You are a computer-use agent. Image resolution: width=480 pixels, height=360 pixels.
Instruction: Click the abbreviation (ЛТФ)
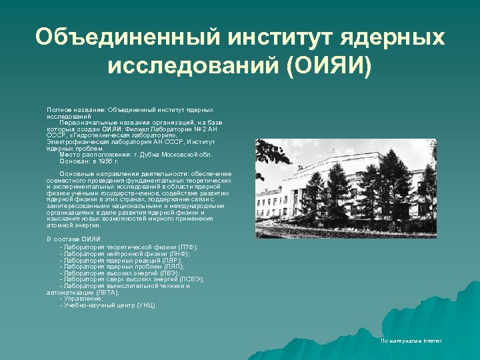point(185,247)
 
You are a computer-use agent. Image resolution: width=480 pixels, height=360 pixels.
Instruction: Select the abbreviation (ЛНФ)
point(178,253)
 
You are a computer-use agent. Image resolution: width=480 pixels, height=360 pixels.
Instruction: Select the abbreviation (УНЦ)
point(147,305)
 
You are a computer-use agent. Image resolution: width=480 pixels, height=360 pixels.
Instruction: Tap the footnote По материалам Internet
point(411,341)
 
